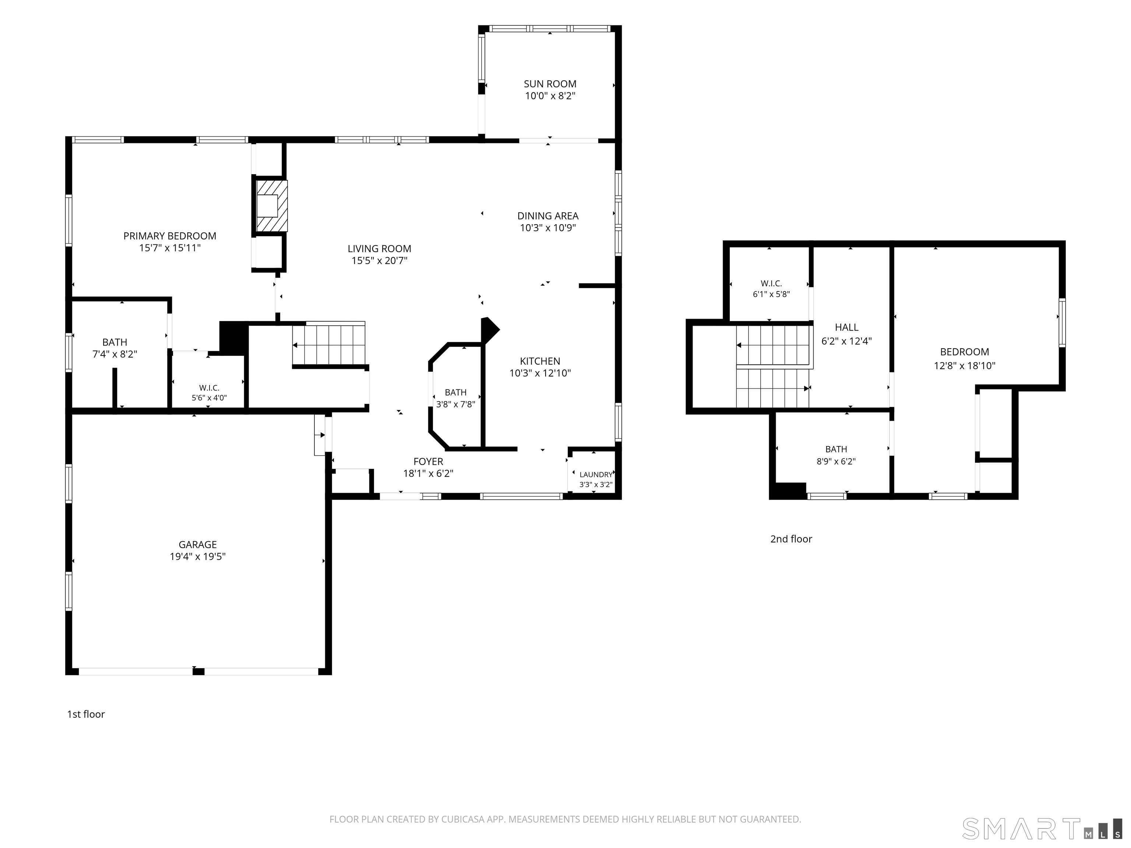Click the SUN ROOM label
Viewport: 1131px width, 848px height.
[x=550, y=84]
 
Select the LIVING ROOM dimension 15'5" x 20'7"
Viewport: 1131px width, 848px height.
[x=379, y=261]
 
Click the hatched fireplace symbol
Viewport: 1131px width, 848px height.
[x=269, y=206]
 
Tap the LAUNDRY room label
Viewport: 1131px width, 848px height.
[x=596, y=474]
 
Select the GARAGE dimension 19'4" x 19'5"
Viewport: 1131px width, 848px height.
[x=197, y=556]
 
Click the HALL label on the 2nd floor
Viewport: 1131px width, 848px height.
[x=847, y=327]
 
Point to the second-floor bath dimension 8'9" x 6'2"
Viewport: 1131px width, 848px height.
[x=836, y=461]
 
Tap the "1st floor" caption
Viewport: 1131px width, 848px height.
[x=86, y=714]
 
